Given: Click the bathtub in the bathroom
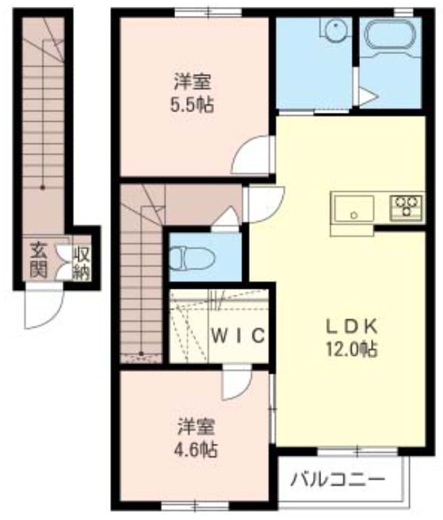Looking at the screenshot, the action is pyautogui.click(x=389, y=35).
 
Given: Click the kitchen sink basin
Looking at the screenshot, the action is pyautogui.click(x=354, y=209).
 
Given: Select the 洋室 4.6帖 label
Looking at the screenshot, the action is pyautogui.click(x=196, y=438).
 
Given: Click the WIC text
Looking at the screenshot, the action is pyautogui.click(x=238, y=335).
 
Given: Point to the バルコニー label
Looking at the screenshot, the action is pyautogui.click(x=338, y=480).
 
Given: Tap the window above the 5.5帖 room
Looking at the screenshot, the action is pyautogui.click(x=208, y=12).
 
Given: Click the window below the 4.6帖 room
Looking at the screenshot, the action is pyautogui.click(x=196, y=506).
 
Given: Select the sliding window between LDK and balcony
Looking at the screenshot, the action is pyautogui.click(x=357, y=451).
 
